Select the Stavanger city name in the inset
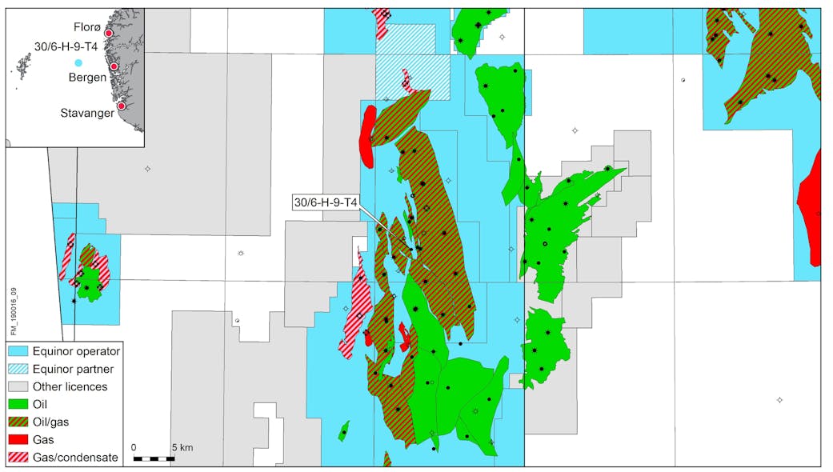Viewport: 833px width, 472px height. click(86, 114)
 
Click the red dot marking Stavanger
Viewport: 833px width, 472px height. click(121, 106)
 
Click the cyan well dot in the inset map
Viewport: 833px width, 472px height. click(78, 62)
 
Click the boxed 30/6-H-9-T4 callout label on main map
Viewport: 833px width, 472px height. click(326, 202)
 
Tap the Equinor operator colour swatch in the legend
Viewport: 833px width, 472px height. click(18, 351)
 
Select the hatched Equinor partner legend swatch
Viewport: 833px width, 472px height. click(18, 369)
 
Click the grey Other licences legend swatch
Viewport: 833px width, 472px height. click(18, 386)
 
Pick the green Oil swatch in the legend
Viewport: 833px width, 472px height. click(18, 404)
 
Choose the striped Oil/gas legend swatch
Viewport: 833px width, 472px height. click(18, 422)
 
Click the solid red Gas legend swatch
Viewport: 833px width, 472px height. click(18, 439)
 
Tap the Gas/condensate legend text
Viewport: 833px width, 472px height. click(75, 458)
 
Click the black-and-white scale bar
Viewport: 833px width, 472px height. click(154, 458)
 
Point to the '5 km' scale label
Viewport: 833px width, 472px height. click(181, 446)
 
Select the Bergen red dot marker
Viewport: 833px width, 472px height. click(114, 66)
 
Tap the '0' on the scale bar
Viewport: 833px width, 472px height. click(134, 446)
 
